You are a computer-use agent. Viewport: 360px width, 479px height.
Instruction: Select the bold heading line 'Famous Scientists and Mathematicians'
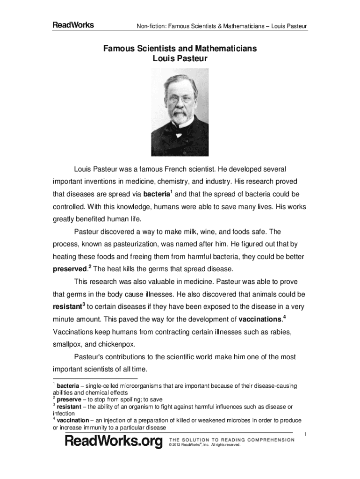point(180,49)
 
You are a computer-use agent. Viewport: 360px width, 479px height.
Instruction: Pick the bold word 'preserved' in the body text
point(69,269)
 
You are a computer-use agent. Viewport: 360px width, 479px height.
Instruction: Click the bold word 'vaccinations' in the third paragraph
point(260,320)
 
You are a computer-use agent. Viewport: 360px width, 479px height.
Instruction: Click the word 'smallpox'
point(66,345)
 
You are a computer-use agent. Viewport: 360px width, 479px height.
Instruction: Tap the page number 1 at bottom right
point(305,434)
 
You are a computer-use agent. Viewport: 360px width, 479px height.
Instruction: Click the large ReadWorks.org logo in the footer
point(114,441)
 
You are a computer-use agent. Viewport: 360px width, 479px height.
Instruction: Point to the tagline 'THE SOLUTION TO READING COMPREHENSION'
point(231,440)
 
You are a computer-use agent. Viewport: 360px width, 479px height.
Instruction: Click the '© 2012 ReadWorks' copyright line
point(204,445)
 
